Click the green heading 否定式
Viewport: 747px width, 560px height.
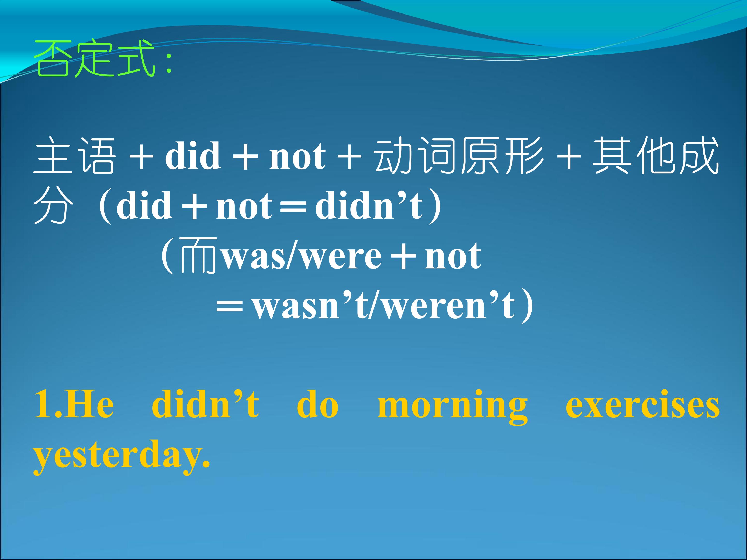(95, 58)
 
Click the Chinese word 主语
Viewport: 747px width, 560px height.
(74, 156)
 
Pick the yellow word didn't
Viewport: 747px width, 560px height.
(205, 404)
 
